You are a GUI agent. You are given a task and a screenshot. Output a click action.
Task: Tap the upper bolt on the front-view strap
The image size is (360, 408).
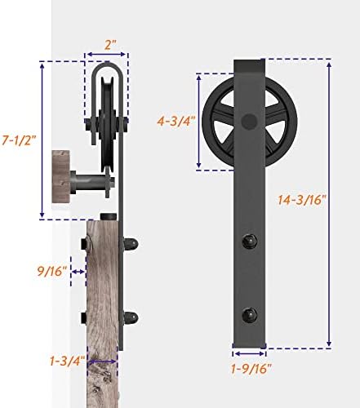point(250,242)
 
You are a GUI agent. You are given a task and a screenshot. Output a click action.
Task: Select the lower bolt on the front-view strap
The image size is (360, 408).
point(250,313)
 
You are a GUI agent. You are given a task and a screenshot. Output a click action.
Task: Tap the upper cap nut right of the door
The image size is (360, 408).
point(131,243)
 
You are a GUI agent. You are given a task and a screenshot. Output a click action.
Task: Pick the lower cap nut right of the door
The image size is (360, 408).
point(131,317)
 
